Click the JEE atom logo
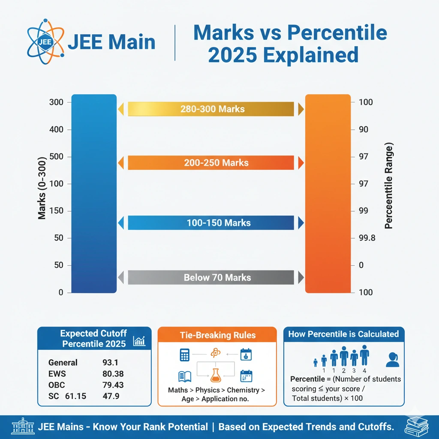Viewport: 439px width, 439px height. click(x=42, y=42)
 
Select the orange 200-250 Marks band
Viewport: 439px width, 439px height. click(x=211, y=163)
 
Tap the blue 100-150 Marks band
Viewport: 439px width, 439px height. click(x=211, y=223)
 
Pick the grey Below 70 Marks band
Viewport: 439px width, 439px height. click(x=211, y=277)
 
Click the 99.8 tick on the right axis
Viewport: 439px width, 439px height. click(x=367, y=238)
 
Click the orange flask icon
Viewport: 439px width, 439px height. click(x=216, y=375)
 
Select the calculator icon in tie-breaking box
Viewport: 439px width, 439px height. click(x=185, y=355)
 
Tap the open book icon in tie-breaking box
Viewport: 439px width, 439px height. click(x=185, y=376)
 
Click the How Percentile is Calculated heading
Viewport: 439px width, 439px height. click(x=343, y=334)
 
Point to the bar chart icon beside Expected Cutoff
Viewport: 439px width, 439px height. click(x=139, y=341)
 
